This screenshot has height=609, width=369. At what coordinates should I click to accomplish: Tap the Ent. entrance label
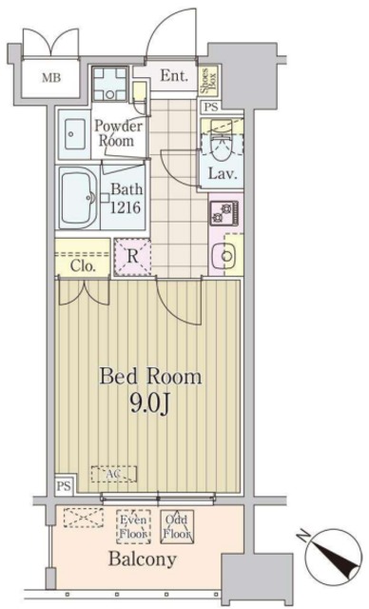(172, 76)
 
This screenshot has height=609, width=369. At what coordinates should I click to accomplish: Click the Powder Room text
(121, 133)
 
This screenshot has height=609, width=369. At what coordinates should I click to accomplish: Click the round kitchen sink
(226, 254)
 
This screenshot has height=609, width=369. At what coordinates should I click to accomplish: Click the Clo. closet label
(81, 267)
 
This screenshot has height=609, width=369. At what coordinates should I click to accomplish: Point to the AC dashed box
(113, 473)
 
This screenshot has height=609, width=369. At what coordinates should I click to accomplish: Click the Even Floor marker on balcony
(132, 526)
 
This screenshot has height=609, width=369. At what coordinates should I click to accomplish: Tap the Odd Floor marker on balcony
(177, 526)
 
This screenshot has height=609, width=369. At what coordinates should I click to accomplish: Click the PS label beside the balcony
(63, 485)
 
